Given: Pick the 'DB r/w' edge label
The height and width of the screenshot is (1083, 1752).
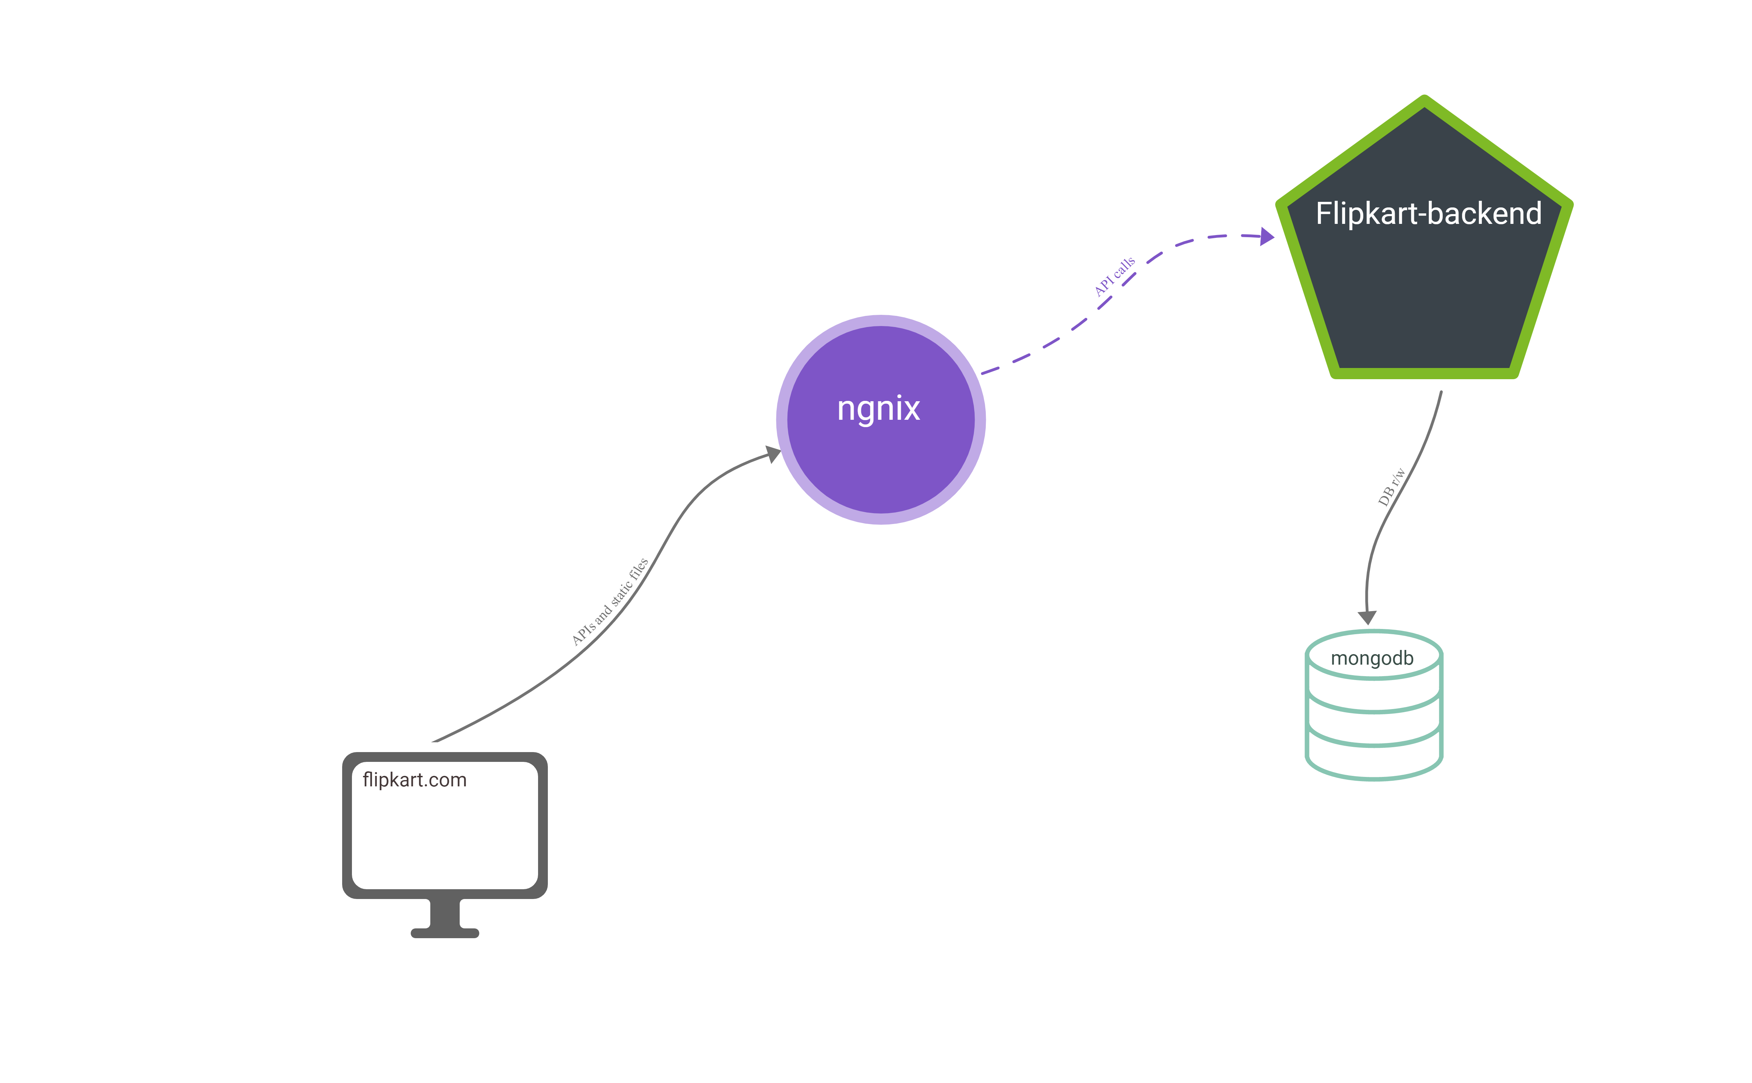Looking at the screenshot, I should [1391, 487].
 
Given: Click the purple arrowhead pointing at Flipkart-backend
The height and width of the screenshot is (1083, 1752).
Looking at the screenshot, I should [1266, 236].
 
